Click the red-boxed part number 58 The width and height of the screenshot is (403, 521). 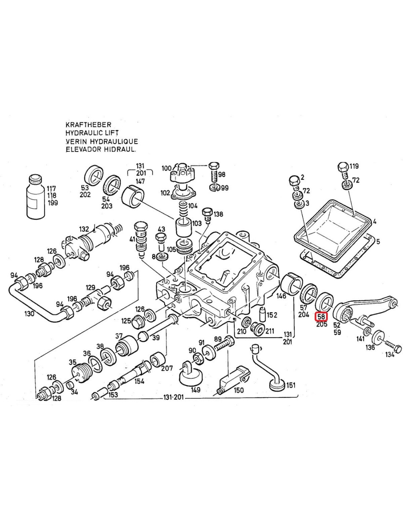click(321, 316)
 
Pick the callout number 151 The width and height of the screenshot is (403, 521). click(291, 385)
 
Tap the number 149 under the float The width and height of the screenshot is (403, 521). click(196, 389)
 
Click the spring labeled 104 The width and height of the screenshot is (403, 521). click(183, 209)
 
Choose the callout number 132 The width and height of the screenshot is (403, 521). click(84, 229)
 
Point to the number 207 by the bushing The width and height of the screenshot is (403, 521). click(167, 368)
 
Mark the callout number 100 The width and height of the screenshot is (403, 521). click(166, 168)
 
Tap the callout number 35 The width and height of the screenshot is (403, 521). click(73, 362)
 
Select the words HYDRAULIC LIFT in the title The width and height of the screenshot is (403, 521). click(92, 133)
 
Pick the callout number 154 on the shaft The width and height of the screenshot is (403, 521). click(139, 381)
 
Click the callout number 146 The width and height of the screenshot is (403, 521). click(281, 296)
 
